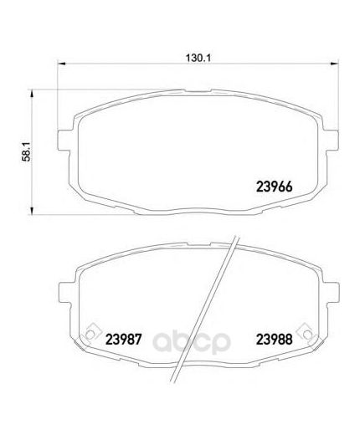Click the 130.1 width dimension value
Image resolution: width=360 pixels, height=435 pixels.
198,58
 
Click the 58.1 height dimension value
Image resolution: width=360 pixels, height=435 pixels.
27,151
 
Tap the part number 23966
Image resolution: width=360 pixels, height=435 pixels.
274,187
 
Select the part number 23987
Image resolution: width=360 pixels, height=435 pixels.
124,340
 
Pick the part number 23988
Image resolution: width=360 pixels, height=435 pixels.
274,340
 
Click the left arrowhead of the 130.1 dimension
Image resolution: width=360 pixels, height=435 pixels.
61,64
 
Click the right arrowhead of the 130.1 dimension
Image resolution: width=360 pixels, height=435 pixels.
334,64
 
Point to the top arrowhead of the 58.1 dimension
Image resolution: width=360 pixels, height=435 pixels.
32,94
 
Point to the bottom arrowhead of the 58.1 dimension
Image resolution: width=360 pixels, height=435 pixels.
32,211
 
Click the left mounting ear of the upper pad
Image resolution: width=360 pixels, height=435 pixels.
64,141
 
